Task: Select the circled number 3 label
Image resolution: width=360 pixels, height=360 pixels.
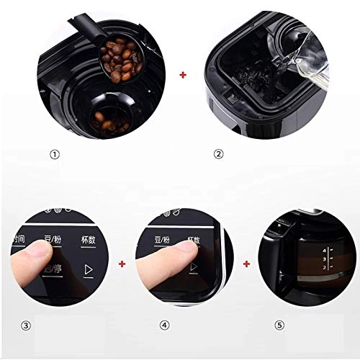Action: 27,325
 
